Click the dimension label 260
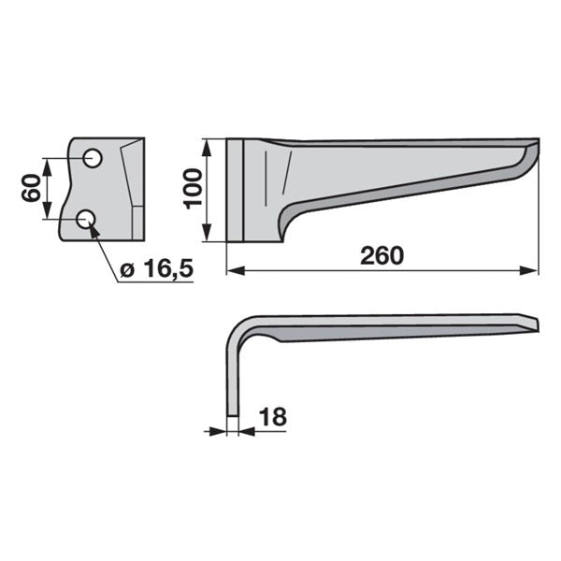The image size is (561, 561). (381, 256)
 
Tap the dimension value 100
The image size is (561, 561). (193, 189)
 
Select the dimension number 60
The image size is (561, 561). (31, 188)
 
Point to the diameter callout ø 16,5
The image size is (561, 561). (157, 268)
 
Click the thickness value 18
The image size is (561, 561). (273, 416)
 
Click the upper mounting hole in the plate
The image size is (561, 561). (93, 158)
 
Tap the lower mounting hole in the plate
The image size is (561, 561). (86, 219)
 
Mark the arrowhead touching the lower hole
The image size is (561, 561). (94, 232)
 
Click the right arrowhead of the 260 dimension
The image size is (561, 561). (529, 271)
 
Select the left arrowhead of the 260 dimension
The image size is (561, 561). (236, 271)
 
